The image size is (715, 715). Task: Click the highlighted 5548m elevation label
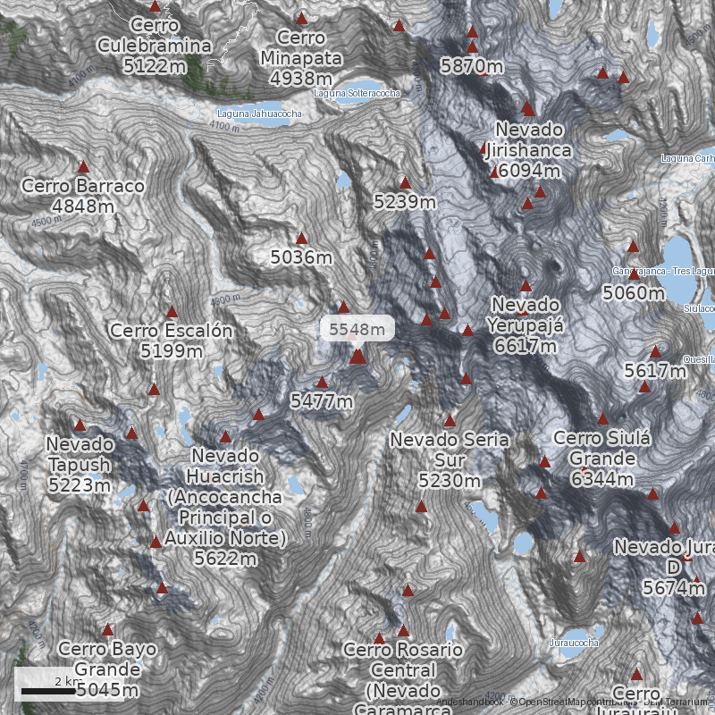pos(357,329)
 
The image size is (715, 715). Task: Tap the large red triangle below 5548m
pos(357,357)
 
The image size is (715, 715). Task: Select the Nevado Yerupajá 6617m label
pos(526,325)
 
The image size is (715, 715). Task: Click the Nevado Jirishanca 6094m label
pos(528,150)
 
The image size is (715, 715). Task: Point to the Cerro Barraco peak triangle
pos(84,167)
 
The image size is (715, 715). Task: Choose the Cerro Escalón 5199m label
pos(171,341)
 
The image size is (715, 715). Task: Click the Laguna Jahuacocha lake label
pos(259,114)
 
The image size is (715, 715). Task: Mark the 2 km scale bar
pos(48,690)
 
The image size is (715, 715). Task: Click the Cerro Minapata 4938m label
pos(301,58)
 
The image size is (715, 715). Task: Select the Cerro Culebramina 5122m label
pos(155,46)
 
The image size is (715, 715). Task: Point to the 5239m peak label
pos(404,203)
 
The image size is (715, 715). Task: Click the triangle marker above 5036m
pos(301,239)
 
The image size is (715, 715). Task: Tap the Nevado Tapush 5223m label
pos(80,465)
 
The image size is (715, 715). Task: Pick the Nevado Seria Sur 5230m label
pos(449,460)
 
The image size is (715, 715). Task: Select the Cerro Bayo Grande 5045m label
pos(107,669)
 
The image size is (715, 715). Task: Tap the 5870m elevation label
pos(471,66)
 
